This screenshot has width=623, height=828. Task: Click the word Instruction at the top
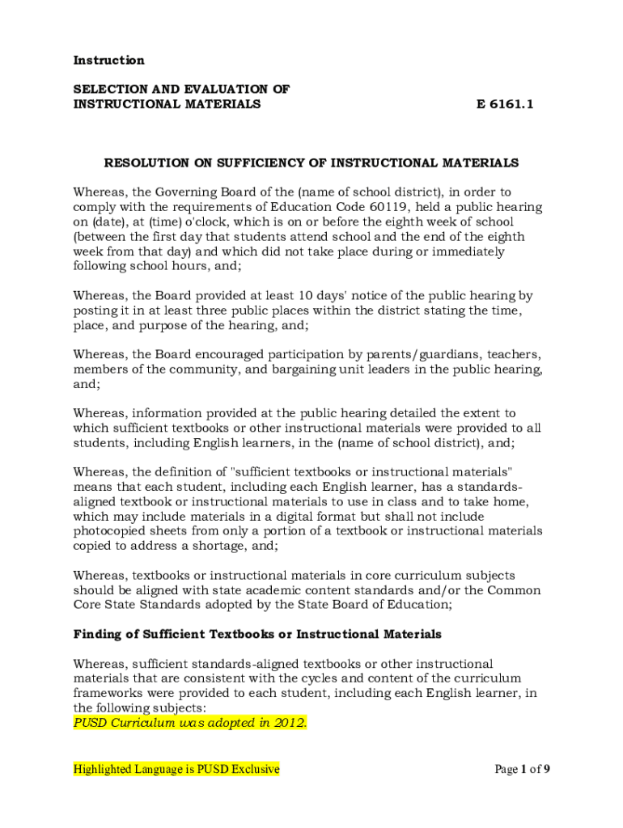click(109, 61)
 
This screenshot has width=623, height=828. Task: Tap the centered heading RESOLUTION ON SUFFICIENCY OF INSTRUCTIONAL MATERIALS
click(311, 163)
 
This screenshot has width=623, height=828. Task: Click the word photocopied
click(111, 530)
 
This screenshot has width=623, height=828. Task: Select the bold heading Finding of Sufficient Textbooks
click(257, 633)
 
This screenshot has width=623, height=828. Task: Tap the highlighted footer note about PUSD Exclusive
click(176, 769)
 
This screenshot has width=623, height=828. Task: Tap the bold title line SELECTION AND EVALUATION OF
click(182, 89)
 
